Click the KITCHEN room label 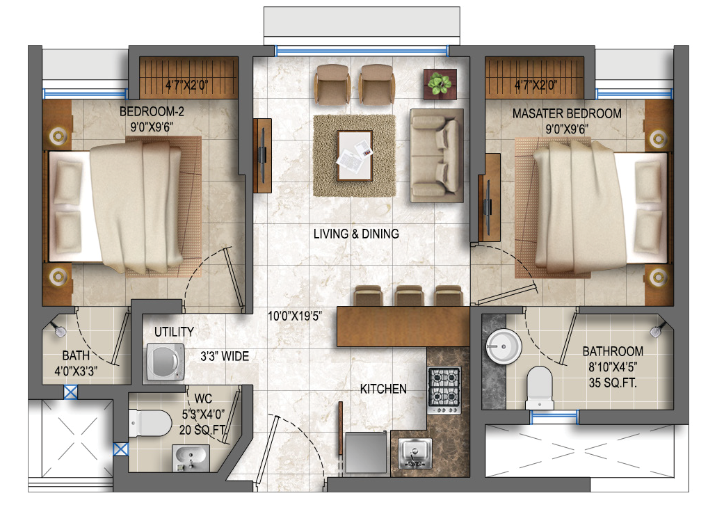(383, 389)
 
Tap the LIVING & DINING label (356, 234)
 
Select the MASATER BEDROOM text (567, 113)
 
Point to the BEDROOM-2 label (152, 111)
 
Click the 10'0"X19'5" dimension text (295, 316)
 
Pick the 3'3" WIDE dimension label (225, 356)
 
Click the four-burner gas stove (444, 390)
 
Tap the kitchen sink (415, 453)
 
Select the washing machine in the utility (165, 362)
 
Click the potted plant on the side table (440, 84)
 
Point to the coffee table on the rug (355, 156)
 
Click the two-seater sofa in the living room (436, 156)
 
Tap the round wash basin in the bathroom (504, 347)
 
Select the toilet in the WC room (150, 423)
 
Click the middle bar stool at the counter (410, 296)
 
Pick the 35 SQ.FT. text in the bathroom (612, 383)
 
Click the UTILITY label (174, 332)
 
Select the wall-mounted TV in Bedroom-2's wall (262, 156)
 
